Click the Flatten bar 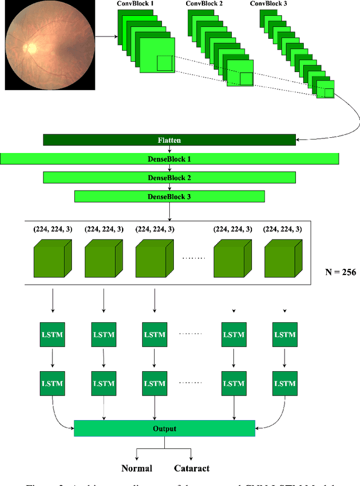[169, 140]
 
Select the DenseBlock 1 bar [169, 159]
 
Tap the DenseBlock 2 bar [169, 178]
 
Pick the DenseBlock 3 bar [169, 196]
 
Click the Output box [164, 429]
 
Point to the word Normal [138, 468]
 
